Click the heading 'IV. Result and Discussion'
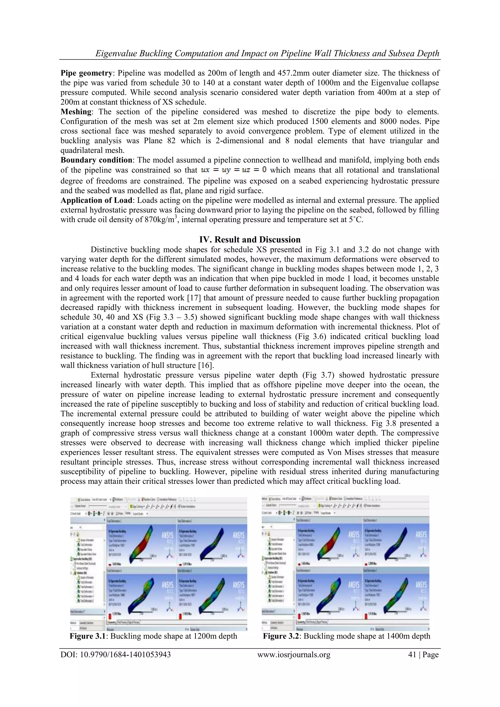tap(250, 240)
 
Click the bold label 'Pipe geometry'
tap(86, 73)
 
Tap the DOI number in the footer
tap(115, 655)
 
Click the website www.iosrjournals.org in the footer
tap(294, 655)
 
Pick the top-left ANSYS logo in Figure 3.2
tap(354, 535)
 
